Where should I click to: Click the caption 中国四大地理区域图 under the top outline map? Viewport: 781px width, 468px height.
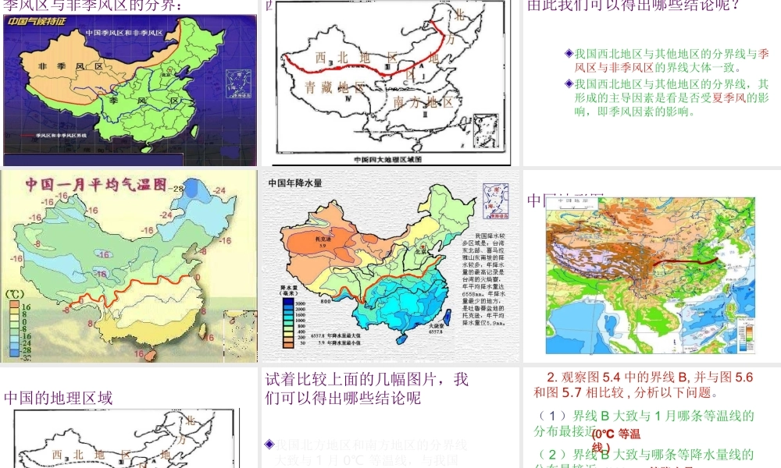point(387,159)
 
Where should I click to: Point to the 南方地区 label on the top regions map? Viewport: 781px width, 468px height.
point(423,102)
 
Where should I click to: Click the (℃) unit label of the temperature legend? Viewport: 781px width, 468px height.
point(16,295)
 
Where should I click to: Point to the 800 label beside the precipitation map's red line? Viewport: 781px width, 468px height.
point(325,300)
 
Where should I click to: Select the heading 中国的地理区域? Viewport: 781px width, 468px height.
point(59,398)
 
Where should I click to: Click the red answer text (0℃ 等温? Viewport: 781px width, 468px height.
point(617,434)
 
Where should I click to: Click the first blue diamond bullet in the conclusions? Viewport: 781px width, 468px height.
point(569,54)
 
